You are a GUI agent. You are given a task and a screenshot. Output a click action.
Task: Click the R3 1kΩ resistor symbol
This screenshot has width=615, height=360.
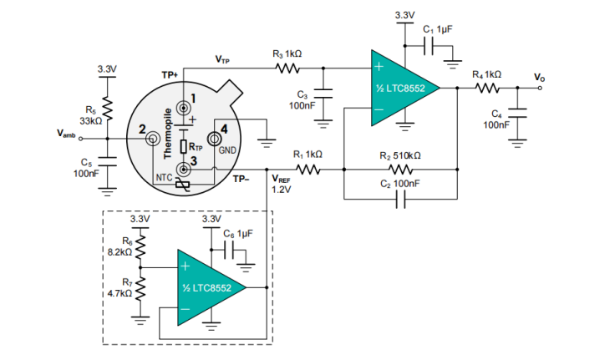point(288,68)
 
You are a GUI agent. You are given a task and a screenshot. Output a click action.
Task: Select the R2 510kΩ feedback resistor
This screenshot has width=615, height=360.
point(400,170)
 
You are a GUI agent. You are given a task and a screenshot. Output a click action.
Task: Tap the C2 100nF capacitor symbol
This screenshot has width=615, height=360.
point(401,200)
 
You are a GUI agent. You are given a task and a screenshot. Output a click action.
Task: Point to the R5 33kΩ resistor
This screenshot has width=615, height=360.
point(107,109)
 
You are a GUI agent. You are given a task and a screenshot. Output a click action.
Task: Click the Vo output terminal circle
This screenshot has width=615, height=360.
point(540,88)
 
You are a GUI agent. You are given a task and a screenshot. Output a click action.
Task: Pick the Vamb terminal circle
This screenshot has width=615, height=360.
point(81,139)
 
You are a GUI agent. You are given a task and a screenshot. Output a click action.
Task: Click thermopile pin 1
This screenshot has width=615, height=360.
point(184,108)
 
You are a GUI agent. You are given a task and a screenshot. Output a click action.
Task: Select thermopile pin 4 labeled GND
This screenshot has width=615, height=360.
point(215,139)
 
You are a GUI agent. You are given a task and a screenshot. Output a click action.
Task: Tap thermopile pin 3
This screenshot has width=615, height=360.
point(184,170)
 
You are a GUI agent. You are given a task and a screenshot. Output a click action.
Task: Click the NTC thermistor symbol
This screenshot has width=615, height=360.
point(183,185)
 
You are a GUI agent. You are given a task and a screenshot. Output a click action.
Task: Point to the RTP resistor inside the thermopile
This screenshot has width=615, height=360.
point(184,146)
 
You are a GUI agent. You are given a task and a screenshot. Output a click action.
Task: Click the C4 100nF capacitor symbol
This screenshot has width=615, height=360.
point(517,113)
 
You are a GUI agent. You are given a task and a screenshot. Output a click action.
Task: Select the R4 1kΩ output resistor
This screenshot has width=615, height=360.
point(487,88)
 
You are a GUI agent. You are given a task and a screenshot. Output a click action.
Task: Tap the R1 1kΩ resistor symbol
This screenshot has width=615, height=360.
point(308,170)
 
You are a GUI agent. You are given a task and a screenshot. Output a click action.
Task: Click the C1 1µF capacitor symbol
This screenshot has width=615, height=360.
point(429,46)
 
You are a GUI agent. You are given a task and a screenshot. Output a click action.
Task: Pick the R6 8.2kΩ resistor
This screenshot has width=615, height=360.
point(140,247)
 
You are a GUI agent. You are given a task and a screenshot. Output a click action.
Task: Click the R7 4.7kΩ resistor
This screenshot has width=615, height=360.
point(140,289)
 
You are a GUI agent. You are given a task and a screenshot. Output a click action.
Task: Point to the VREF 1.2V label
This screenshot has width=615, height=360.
point(282,185)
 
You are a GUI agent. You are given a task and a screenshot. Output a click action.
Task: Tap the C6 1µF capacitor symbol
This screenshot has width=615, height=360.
point(229,250)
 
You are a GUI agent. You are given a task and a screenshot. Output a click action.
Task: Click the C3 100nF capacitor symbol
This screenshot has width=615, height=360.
point(323,94)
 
